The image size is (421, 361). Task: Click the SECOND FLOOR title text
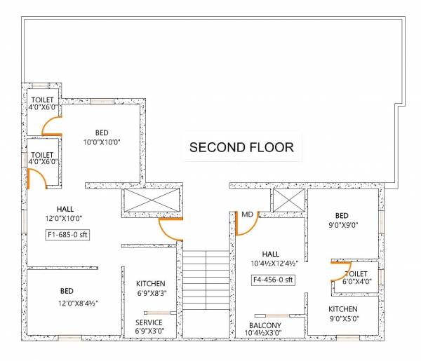[241, 148]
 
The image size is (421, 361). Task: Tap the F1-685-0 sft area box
[67, 234]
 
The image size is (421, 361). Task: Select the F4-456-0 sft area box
[272, 280]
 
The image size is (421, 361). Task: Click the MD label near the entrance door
[247, 214]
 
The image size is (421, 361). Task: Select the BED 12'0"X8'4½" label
[68, 297]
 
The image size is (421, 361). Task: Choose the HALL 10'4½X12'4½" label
[271, 259]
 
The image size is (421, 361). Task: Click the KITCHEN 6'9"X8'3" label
[151, 288]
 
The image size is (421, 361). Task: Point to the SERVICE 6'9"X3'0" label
[149, 327]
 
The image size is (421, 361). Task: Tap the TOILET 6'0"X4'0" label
[356, 278]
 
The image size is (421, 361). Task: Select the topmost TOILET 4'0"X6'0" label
[42, 104]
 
